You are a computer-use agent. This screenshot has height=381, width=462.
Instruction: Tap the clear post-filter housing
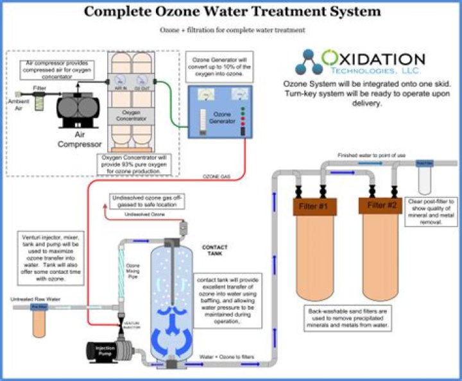click(x=425, y=179)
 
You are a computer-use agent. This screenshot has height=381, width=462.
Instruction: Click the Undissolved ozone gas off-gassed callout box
click(x=147, y=201)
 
